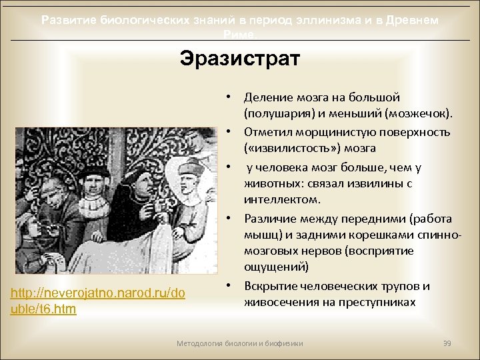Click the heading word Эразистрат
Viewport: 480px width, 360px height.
click(240, 58)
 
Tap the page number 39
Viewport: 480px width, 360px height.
click(447, 343)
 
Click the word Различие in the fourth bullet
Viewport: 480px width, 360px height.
click(268, 219)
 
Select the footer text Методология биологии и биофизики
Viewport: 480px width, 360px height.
click(239, 343)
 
